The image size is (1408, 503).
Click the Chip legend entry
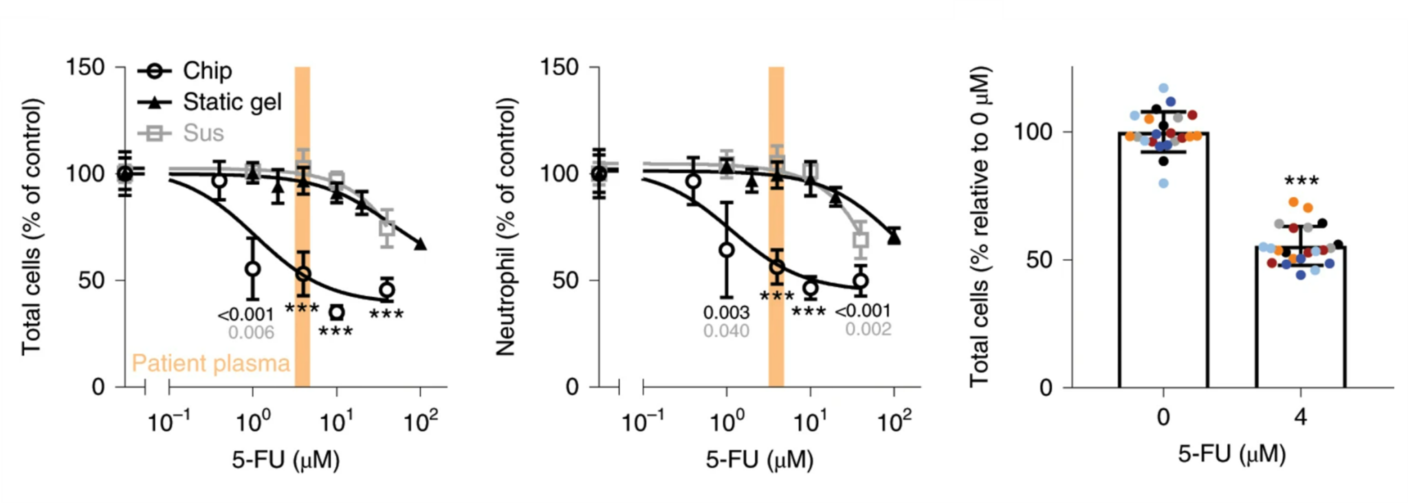tap(206, 71)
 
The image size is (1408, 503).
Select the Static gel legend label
tap(232, 102)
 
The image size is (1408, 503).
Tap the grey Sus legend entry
tap(203, 133)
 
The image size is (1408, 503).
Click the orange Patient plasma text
tap(210, 363)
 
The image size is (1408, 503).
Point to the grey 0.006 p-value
tap(251, 333)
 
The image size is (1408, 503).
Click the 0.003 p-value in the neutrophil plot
tap(726, 313)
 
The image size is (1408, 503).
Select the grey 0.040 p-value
tap(726, 331)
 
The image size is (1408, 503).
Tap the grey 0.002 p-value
tap(868, 329)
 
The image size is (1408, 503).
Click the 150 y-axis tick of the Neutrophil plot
tap(559, 67)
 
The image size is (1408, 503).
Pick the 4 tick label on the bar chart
tap(1300, 417)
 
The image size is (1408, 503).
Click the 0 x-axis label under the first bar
tap(1163, 417)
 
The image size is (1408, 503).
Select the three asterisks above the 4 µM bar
tap(1301, 182)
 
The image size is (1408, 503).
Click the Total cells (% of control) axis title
tap(31, 227)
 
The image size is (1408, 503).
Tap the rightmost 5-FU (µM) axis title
tap(1231, 454)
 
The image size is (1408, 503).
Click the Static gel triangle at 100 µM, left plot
tap(421, 244)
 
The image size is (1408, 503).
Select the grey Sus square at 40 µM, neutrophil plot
tap(860, 240)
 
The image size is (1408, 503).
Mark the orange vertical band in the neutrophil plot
tap(776, 227)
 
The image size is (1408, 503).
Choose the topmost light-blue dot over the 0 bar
tap(1163, 88)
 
